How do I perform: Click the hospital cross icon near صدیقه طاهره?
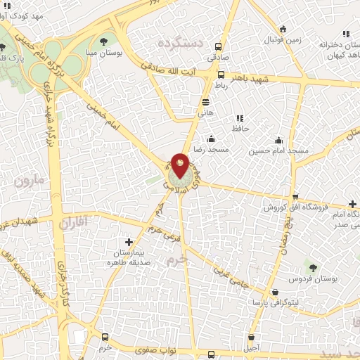[x=128, y=242]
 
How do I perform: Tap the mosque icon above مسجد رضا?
[x=212, y=139]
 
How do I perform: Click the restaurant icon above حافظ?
[x=240, y=118]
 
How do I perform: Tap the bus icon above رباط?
[x=221, y=75]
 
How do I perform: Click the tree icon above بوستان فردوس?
[x=313, y=267]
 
